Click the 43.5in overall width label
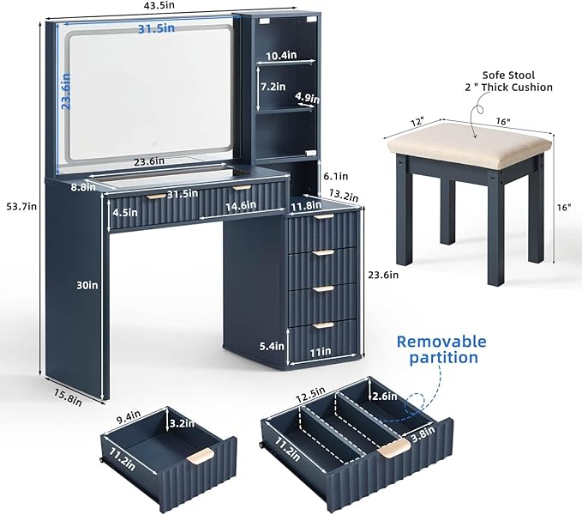point(159,6)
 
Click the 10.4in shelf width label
point(280,56)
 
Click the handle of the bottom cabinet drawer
point(321,324)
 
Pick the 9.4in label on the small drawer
point(131,418)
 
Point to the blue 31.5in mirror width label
point(157,28)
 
